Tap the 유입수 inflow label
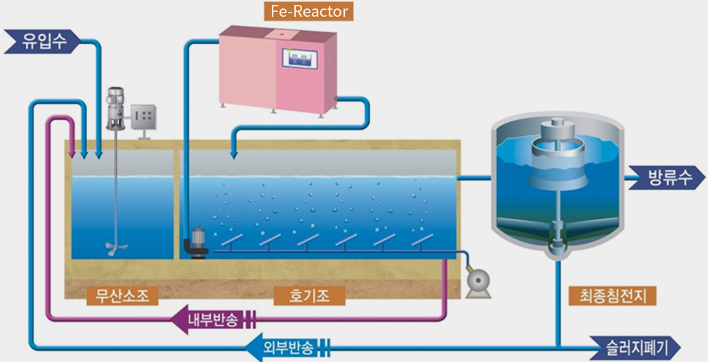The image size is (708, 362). pos(42,41)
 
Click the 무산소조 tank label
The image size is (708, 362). pos(123,296)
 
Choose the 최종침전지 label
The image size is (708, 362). pos(612,296)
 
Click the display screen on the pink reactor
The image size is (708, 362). pos(300,58)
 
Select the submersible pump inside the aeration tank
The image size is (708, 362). pos(197,244)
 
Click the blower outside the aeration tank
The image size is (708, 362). pos(478,282)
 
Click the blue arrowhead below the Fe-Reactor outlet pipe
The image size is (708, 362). pos(233,154)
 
